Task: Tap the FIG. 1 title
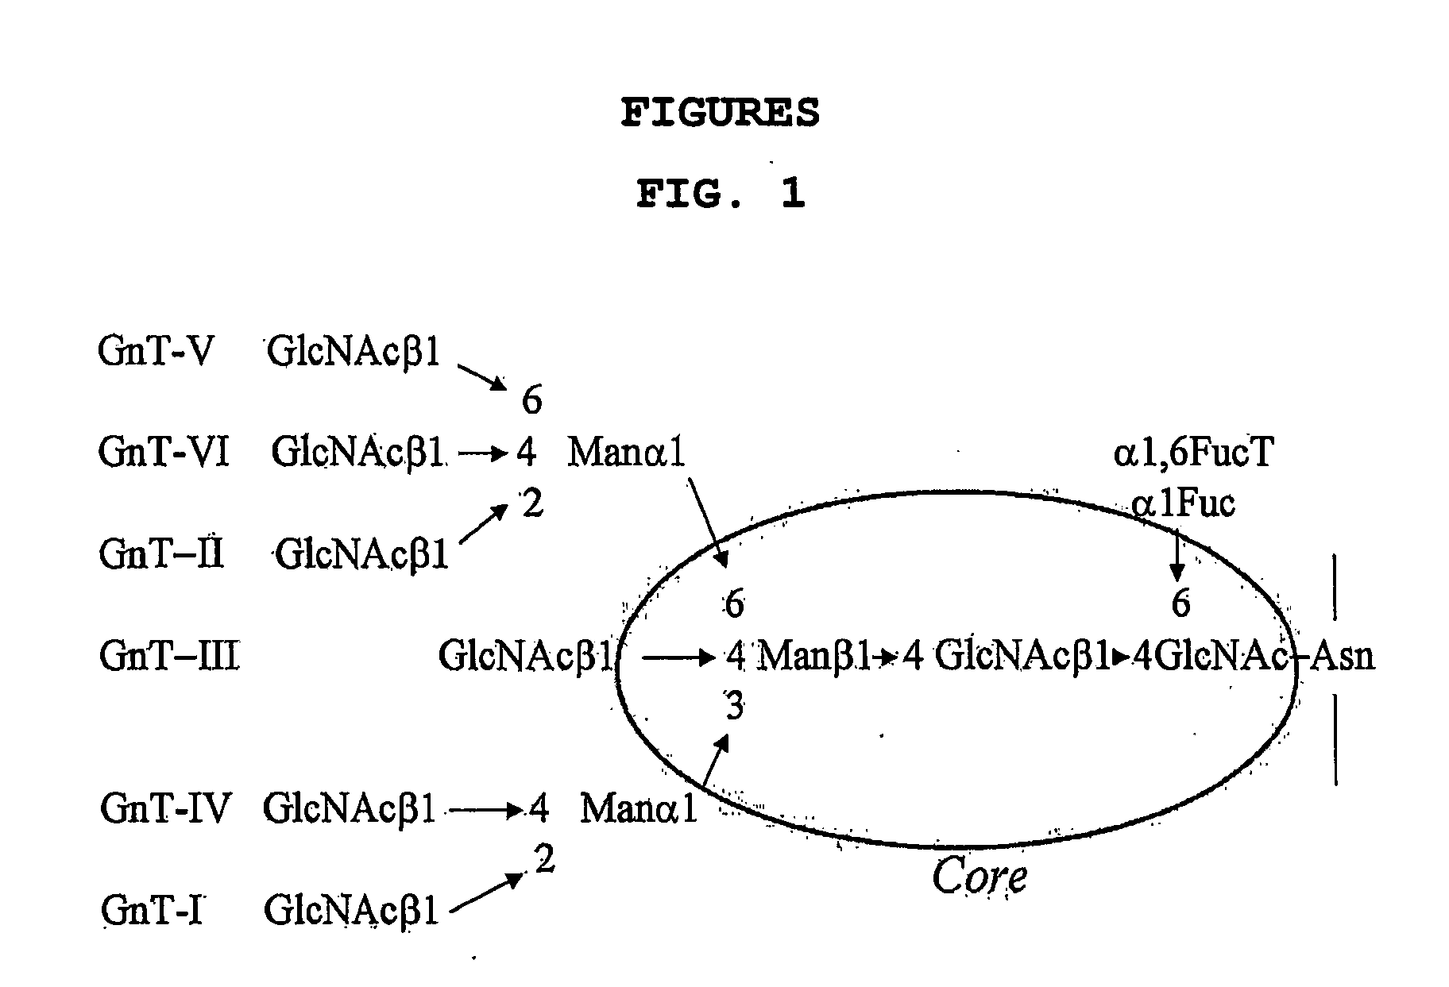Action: click(721, 194)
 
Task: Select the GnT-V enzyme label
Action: click(156, 350)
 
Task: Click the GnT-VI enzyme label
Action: click(164, 452)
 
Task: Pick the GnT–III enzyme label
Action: click(169, 656)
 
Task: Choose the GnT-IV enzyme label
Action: click(165, 808)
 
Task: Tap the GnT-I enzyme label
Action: click(151, 909)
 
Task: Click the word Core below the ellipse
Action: click(979, 877)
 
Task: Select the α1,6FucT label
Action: click(1193, 453)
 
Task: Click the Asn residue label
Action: click(1342, 657)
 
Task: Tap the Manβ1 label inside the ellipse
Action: click(814, 657)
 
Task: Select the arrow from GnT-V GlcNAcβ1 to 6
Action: click(482, 377)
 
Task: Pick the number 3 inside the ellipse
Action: click(734, 705)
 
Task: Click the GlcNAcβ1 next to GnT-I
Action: click(351, 909)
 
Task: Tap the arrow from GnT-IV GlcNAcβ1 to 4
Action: click(486, 810)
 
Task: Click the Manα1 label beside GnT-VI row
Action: click(626, 453)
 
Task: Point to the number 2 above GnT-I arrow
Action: click(544, 859)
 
